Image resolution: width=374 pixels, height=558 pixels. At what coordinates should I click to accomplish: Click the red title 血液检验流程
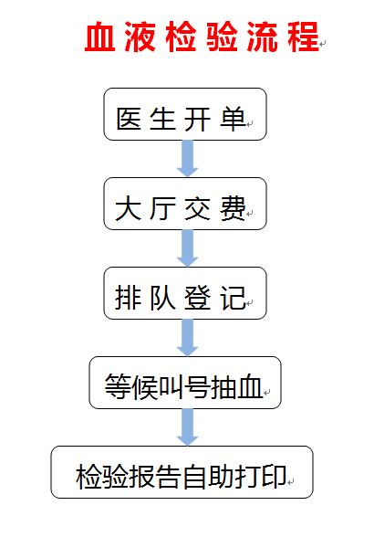click(x=202, y=37)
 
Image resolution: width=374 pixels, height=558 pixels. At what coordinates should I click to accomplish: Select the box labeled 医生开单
click(x=185, y=114)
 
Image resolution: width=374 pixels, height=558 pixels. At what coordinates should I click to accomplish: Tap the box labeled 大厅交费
click(x=185, y=204)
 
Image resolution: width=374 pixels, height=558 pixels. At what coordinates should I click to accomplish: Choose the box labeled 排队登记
click(x=185, y=293)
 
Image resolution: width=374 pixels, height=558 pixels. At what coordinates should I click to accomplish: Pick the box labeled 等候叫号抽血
click(x=185, y=383)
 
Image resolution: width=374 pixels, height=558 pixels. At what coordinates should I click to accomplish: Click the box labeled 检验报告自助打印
click(x=182, y=472)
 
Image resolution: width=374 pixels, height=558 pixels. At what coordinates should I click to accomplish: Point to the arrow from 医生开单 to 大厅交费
click(x=187, y=159)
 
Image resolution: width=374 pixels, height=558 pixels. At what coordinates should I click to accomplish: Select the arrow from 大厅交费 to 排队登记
click(x=187, y=248)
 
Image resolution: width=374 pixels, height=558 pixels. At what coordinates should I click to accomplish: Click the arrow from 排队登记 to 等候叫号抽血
click(x=187, y=338)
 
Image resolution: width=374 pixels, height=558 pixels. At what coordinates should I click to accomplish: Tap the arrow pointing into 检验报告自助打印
click(x=187, y=427)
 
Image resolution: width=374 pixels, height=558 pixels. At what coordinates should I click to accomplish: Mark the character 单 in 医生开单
click(x=233, y=119)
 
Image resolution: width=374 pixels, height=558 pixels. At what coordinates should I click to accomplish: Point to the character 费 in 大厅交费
click(x=233, y=208)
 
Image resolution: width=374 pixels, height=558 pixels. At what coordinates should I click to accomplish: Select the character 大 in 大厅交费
click(x=129, y=208)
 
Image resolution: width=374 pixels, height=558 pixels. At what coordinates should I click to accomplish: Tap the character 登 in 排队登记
click(x=198, y=298)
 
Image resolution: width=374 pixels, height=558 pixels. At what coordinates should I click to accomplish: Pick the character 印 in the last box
click(x=274, y=476)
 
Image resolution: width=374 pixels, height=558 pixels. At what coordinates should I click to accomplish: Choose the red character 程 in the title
click(x=304, y=37)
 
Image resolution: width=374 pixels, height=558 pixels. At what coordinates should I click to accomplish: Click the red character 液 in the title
click(x=140, y=37)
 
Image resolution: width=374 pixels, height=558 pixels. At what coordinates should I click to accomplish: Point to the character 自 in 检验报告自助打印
click(x=195, y=476)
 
